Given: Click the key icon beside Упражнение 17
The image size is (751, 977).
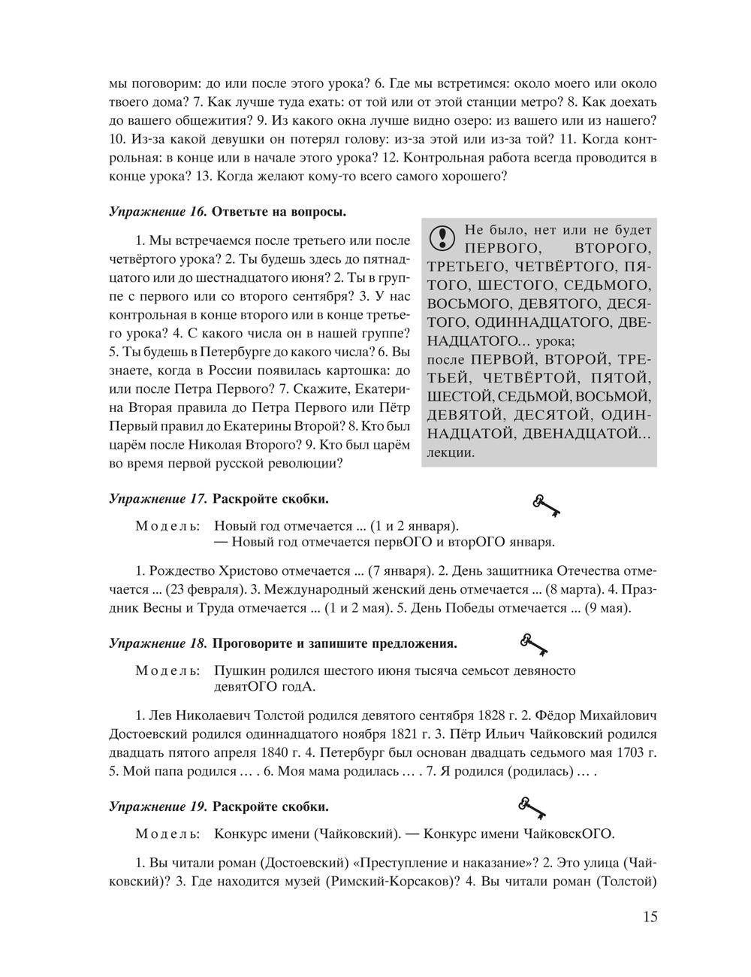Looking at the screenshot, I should tap(547, 506).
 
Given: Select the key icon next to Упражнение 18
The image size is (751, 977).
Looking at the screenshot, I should tap(533, 643).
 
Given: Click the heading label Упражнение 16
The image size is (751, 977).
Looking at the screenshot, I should tap(157, 211).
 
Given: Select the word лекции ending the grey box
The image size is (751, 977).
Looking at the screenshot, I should tap(450, 453).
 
